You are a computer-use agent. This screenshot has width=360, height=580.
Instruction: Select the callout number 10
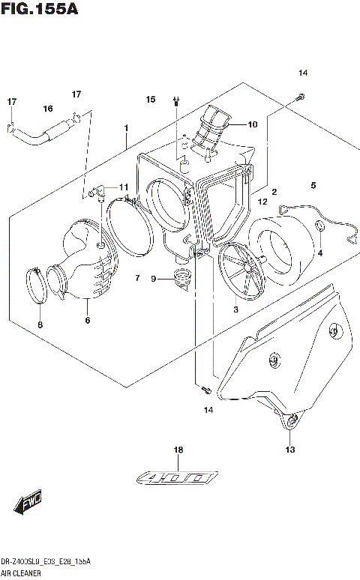point(252,124)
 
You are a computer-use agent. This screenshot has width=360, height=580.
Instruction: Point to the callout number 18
point(178,450)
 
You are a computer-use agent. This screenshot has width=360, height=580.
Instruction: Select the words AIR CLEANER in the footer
point(22,572)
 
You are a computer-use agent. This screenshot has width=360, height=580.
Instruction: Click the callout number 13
point(289,450)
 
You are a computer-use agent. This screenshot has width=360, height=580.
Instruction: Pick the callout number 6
point(87,321)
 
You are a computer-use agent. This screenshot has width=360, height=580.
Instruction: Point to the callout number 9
point(153,280)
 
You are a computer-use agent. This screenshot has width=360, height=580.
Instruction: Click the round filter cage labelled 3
point(242,274)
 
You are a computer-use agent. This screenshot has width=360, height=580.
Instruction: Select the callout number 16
point(47,109)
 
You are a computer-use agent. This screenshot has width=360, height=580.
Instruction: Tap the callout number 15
point(151,100)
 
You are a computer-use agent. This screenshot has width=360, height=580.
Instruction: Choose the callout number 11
point(123,187)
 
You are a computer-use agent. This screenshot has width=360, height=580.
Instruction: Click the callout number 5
point(313,185)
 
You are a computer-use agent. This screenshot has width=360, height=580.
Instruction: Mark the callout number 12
point(262,202)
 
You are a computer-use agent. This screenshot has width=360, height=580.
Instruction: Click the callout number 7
point(137,279)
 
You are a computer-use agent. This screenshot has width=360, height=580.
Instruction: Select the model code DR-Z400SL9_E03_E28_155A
point(46,561)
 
